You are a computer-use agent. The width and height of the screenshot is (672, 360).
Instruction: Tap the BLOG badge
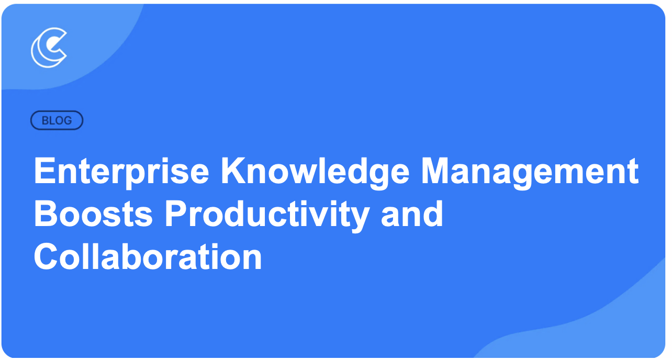[57, 120]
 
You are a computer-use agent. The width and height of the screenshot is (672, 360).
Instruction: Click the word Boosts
[93, 214]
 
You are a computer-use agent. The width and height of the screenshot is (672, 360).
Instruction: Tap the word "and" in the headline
[412, 214]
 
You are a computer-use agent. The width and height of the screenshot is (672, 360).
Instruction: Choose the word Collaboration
[148, 256]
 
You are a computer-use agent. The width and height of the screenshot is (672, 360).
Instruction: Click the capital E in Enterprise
[44, 170]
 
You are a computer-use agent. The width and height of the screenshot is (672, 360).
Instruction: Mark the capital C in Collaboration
[46, 256]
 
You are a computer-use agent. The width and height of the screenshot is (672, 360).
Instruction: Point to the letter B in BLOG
[44, 120]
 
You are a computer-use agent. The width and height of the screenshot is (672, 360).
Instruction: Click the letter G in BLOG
[68, 120]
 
